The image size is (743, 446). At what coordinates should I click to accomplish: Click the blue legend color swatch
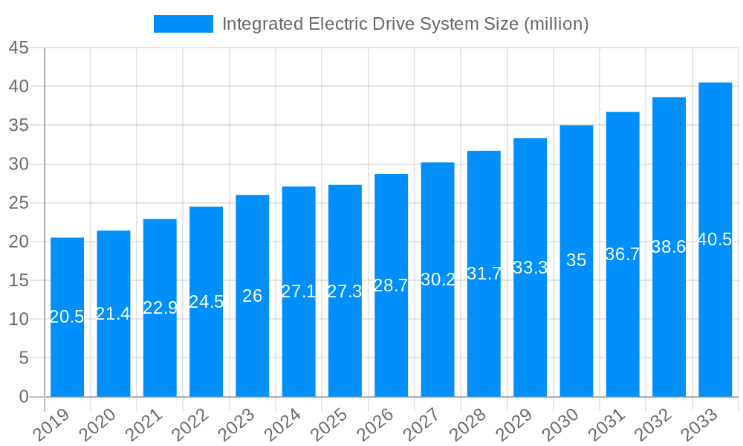pyautogui.click(x=183, y=24)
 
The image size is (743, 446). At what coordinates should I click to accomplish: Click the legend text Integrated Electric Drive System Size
pyautogui.click(x=405, y=24)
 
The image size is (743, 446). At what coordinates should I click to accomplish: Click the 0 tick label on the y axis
pyautogui.click(x=24, y=397)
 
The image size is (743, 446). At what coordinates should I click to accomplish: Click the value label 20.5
pyautogui.click(x=67, y=317)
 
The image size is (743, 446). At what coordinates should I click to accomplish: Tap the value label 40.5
pyautogui.click(x=715, y=239)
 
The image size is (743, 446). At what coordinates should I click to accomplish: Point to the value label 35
pyautogui.click(x=576, y=260)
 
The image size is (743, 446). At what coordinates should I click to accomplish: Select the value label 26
pyautogui.click(x=252, y=296)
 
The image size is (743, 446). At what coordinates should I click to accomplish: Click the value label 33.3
pyautogui.click(x=530, y=268)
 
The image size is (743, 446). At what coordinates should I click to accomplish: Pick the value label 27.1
pyautogui.click(x=299, y=291)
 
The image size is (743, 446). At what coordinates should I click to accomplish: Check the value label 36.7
pyautogui.click(x=623, y=254)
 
